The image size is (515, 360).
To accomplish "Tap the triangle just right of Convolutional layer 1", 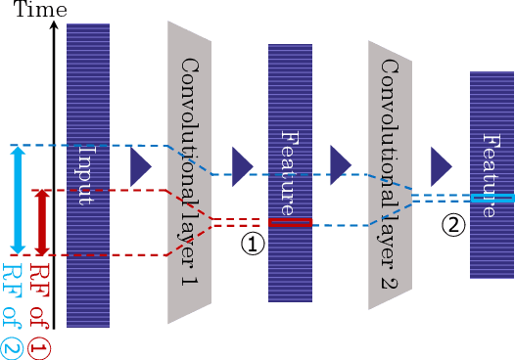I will coord(242,161).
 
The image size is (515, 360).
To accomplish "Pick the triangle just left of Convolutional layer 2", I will coord(341,161).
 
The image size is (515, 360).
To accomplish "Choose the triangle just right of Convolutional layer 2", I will coord(442,161).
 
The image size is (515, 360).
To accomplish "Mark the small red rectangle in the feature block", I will coord(290,223).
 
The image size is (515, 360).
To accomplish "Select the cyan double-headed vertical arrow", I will coord(18,200).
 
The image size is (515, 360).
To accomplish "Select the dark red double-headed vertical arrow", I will coord(41,222).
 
